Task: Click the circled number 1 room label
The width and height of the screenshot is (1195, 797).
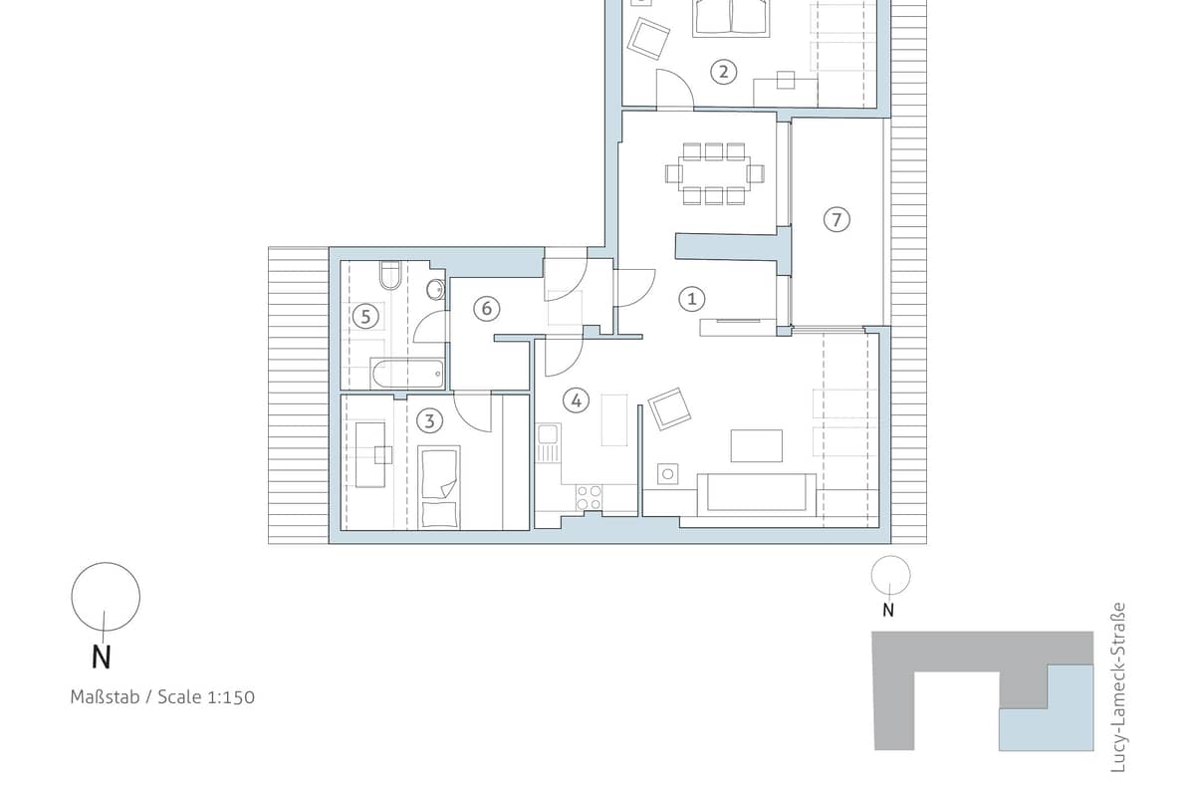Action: point(691,299)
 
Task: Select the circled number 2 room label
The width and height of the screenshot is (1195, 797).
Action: point(723,72)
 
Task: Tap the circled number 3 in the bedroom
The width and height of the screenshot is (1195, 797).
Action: point(429,421)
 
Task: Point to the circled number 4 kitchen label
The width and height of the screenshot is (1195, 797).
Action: point(577,400)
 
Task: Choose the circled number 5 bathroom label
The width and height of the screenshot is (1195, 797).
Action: point(365,317)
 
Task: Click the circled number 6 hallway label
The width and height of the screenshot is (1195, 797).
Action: point(487,309)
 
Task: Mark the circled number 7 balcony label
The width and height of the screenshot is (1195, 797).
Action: point(836,219)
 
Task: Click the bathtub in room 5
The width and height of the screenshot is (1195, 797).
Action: point(408,373)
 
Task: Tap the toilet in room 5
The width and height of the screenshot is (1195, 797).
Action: point(390,275)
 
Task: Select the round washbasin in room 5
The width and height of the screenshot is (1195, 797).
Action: point(436,289)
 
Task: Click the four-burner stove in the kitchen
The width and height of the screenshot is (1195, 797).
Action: point(589,497)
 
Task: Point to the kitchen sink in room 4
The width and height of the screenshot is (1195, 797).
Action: point(548,442)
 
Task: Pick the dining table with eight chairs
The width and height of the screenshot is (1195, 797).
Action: point(715,173)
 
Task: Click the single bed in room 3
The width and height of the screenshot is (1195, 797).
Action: point(439,487)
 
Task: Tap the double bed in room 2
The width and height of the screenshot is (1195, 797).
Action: point(731,18)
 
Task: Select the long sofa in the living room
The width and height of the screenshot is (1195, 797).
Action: point(757,494)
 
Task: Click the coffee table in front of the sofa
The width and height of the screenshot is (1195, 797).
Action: point(757,445)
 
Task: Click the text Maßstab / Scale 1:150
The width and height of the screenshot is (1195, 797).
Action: point(162,697)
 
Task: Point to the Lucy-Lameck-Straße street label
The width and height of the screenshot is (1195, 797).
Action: point(1117,687)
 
